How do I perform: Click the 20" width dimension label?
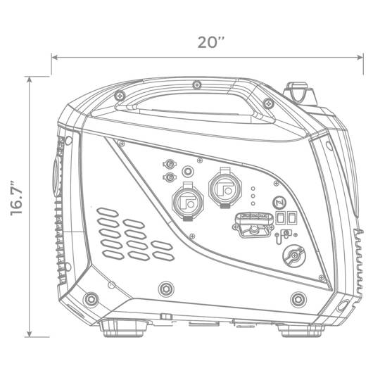pyautogui.click(x=211, y=42)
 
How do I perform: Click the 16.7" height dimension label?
pyautogui.click(x=16, y=198)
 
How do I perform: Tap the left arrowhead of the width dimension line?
pyautogui.click(x=55, y=57)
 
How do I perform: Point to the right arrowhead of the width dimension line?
pyautogui.click(x=360, y=57)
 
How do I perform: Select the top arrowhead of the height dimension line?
pyautogui.click(x=30, y=80)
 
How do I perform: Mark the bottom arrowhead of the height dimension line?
pyautogui.click(x=30, y=334)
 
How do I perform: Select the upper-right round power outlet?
pyautogui.click(x=225, y=188)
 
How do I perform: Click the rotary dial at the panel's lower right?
pyautogui.click(x=294, y=256)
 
